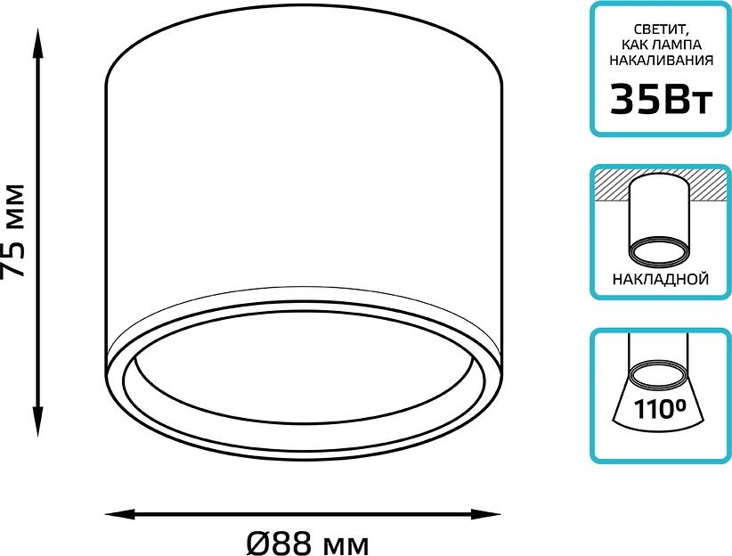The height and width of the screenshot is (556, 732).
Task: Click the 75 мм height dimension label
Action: [x=12, y=232]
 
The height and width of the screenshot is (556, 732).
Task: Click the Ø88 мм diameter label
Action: [x=307, y=544]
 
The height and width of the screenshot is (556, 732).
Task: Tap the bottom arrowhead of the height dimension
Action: [x=37, y=421]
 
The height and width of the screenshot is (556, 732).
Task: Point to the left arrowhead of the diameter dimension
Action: [x=120, y=515]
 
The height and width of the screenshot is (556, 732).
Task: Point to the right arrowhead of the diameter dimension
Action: [x=485, y=515]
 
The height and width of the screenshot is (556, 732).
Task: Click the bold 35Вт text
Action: [x=661, y=100]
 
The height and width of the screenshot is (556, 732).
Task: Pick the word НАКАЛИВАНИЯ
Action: [x=661, y=61]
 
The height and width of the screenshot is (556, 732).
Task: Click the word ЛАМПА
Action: [x=679, y=45]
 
